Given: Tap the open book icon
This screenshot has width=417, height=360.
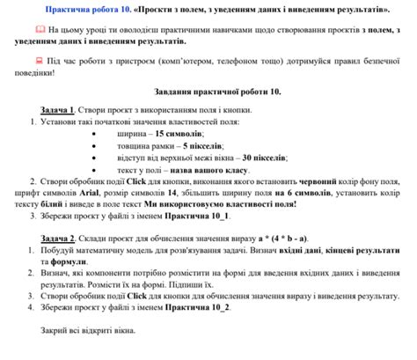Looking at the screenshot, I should tap(40, 30).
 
